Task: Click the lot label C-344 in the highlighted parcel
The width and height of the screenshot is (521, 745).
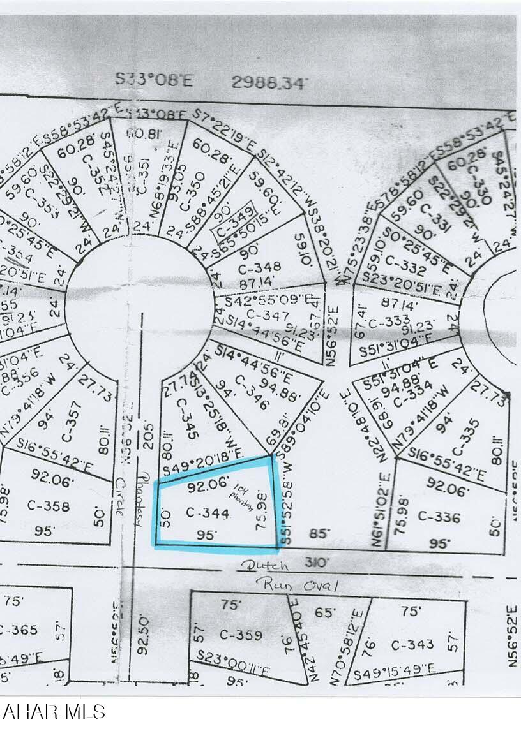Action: coord(207,512)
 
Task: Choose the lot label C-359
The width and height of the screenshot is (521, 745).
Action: coord(241,635)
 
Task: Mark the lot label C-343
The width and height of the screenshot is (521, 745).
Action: coord(412,645)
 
